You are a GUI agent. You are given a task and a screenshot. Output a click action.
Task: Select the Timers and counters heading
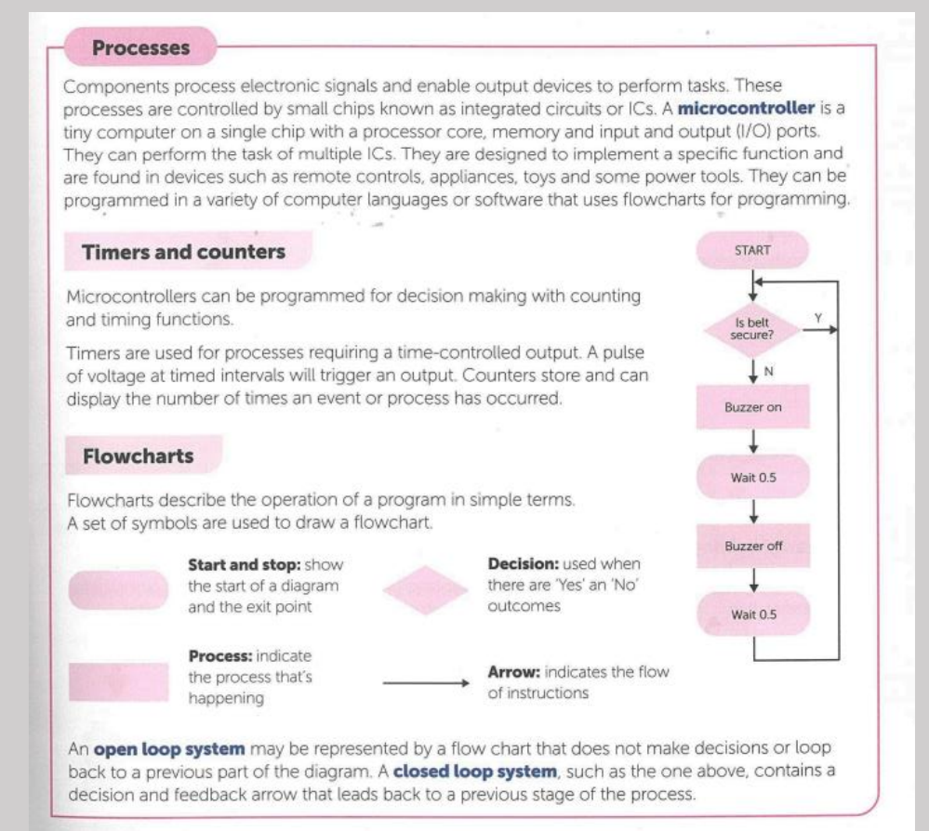coord(184,252)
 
